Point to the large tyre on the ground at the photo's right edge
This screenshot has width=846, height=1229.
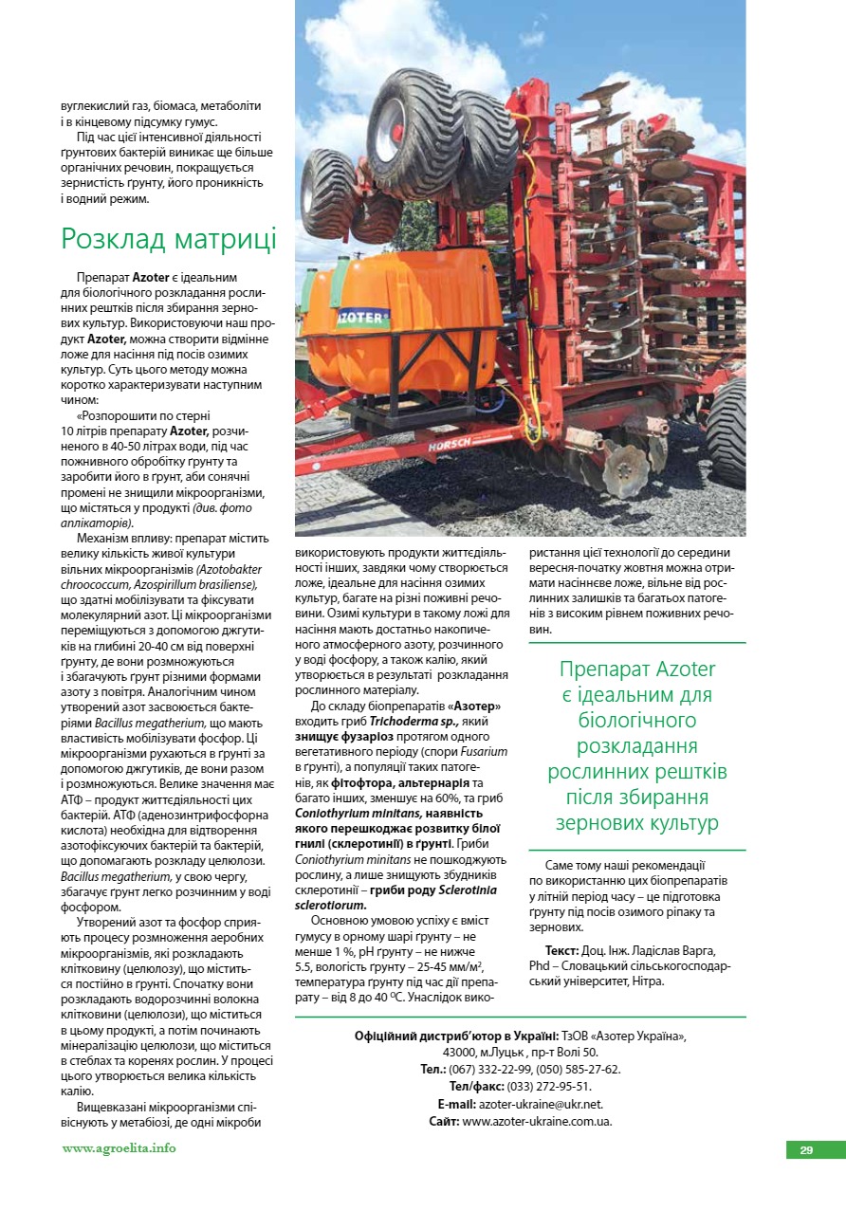click(x=727, y=418)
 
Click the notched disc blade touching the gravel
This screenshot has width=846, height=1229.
click(x=622, y=467)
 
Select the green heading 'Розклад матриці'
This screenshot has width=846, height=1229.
click(x=169, y=238)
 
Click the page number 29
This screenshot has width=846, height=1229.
click(x=806, y=1150)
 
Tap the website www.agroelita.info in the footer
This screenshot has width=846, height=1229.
click(x=120, y=1148)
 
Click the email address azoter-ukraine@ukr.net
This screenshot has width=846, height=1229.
click(x=541, y=1104)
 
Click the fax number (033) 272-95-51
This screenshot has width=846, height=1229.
click(x=549, y=1087)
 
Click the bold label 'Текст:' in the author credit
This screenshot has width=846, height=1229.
click(x=562, y=950)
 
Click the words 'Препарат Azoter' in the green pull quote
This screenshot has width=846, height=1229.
click(x=637, y=670)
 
